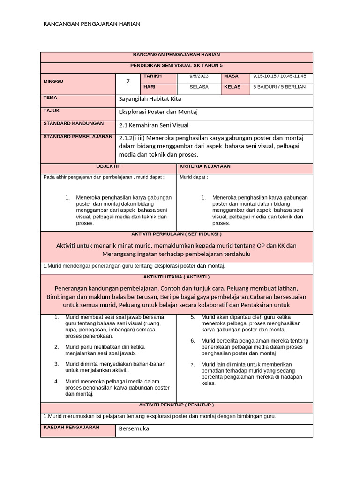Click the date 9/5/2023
(x=199, y=76)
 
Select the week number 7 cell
(x=127, y=82)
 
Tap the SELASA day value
(x=199, y=87)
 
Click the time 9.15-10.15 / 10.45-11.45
(x=279, y=76)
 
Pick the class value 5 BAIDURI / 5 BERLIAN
(x=279, y=87)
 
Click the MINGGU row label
(x=53, y=82)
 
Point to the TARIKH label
(x=152, y=76)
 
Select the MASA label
(x=231, y=76)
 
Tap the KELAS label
(x=232, y=87)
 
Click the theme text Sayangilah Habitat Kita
(x=150, y=99)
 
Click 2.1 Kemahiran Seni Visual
(x=154, y=125)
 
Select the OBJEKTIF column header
(x=108, y=166)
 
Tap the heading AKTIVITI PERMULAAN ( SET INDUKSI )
(x=176, y=234)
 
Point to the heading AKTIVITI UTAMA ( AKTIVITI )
(x=176, y=277)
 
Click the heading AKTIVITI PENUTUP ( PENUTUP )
(x=176, y=405)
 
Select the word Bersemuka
(x=134, y=428)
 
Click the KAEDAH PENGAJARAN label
(x=71, y=427)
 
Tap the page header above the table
(x=91, y=24)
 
